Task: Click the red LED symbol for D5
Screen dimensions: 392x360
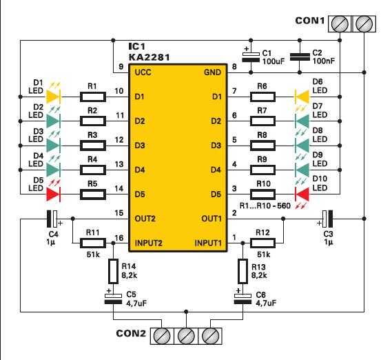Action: pyautogui.click(x=54, y=194)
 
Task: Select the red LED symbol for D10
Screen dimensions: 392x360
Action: pyautogui.click(x=302, y=194)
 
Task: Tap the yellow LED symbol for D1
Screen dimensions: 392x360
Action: pyautogui.click(x=54, y=97)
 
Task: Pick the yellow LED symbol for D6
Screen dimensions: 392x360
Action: pyautogui.click(x=302, y=97)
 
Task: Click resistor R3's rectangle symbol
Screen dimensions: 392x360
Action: pyautogui.click(x=93, y=146)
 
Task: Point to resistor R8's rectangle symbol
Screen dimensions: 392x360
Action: pyautogui.click(x=262, y=146)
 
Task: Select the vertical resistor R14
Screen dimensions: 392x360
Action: pyautogui.click(x=113, y=271)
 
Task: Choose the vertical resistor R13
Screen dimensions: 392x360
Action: pyautogui.click(x=243, y=271)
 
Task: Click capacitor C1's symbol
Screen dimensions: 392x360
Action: pyautogui.click(x=251, y=57)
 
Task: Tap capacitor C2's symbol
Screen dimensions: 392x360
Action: pyautogui.click(x=300, y=57)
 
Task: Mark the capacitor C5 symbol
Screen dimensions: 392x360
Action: pyautogui.click(x=113, y=299)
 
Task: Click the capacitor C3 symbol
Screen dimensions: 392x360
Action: pyautogui.click(x=327, y=219)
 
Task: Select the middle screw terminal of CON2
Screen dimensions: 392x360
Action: pyautogui.click(x=186, y=336)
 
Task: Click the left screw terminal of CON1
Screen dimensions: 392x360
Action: pyautogui.click(x=340, y=24)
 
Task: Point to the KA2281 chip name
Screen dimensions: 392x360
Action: pyautogui.click(x=149, y=57)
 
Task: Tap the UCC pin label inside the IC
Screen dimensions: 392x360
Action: pyautogui.click(x=143, y=72)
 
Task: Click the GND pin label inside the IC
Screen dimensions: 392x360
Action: pyautogui.click(x=212, y=72)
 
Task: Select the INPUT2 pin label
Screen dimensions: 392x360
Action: pyautogui.click(x=149, y=243)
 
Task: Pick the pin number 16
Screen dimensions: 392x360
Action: pyautogui.click(x=119, y=237)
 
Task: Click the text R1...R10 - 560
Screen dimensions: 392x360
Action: pyautogui.click(x=265, y=206)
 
